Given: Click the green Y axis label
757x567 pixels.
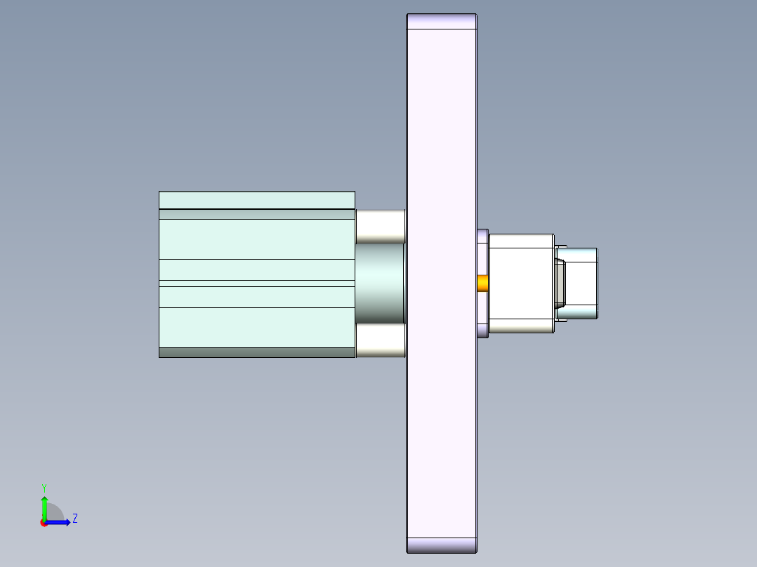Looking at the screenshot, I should [x=44, y=487].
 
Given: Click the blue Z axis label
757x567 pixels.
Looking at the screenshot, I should [x=74, y=519].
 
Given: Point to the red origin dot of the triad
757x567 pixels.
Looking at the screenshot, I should [x=44, y=523].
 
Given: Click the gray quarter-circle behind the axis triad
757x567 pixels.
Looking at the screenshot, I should [x=55, y=513].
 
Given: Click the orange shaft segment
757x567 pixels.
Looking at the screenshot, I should [x=483, y=283].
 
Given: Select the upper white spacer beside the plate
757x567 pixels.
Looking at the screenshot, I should [x=380, y=226].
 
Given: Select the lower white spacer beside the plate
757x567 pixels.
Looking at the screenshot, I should [x=380, y=340].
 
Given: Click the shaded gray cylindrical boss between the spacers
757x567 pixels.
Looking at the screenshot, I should [x=380, y=283].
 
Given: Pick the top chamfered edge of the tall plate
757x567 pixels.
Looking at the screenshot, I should [x=442, y=22].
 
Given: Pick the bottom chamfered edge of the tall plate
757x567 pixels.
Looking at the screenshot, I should [x=442, y=545].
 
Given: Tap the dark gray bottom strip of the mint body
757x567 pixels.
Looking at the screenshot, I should [x=256, y=352].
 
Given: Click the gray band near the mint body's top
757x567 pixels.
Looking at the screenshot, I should [x=256, y=214].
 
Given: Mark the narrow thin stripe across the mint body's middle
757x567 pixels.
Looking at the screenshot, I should [x=256, y=283].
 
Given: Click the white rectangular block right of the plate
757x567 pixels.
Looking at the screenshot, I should [x=520, y=283].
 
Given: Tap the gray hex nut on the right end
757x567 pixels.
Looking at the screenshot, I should [x=560, y=283].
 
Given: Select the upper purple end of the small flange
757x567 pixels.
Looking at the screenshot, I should [x=482, y=236].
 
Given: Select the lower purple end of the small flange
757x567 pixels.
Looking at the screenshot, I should [x=482, y=330].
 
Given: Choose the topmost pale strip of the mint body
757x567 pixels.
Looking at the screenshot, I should [x=256, y=200].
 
